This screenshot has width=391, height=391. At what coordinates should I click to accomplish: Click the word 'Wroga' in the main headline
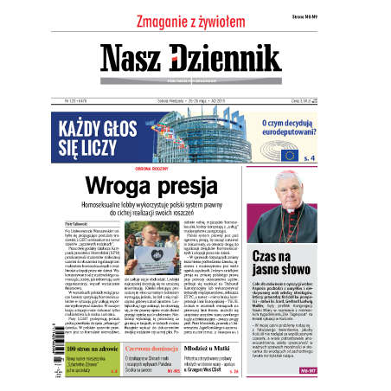pyautogui.click(x=132, y=185)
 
